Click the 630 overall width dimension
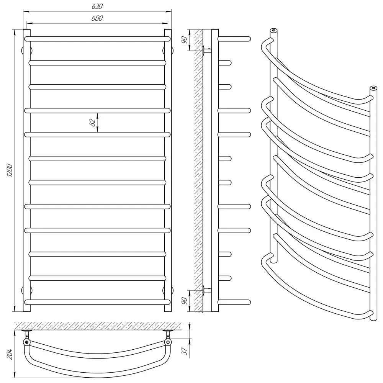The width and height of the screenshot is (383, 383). (97, 7)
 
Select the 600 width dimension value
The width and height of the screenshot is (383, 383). (97, 18)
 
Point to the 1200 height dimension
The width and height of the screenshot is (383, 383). (10, 170)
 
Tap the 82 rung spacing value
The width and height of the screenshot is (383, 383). (92, 123)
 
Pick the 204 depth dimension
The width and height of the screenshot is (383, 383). (10, 355)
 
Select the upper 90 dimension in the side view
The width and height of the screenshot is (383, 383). (184, 39)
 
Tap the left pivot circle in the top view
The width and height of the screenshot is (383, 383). (26, 342)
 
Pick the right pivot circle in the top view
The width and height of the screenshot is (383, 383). (168, 342)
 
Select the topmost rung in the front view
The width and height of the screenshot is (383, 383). (97, 39)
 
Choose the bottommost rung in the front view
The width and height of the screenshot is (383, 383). (97, 302)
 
